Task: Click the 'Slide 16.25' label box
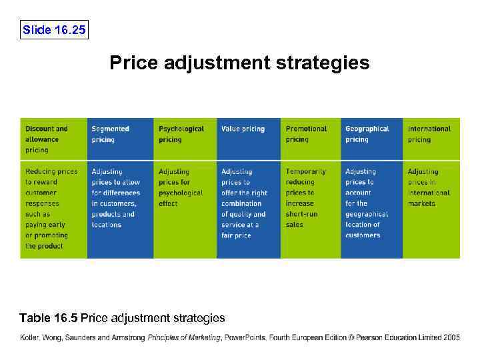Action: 54,30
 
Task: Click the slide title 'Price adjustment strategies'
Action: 239,63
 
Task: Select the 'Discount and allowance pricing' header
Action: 47,139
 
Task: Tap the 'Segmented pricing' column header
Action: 111,134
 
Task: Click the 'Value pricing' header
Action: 243,129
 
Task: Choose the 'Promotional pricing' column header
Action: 306,134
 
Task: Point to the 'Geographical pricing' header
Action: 367,134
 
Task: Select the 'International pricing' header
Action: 429,134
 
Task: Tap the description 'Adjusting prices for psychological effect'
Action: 181,187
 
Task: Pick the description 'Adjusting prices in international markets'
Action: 429,187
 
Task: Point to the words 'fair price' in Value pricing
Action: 236,235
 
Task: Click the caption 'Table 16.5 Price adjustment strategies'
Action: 123,318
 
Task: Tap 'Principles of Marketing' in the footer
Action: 185,338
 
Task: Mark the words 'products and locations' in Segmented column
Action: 113,219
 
